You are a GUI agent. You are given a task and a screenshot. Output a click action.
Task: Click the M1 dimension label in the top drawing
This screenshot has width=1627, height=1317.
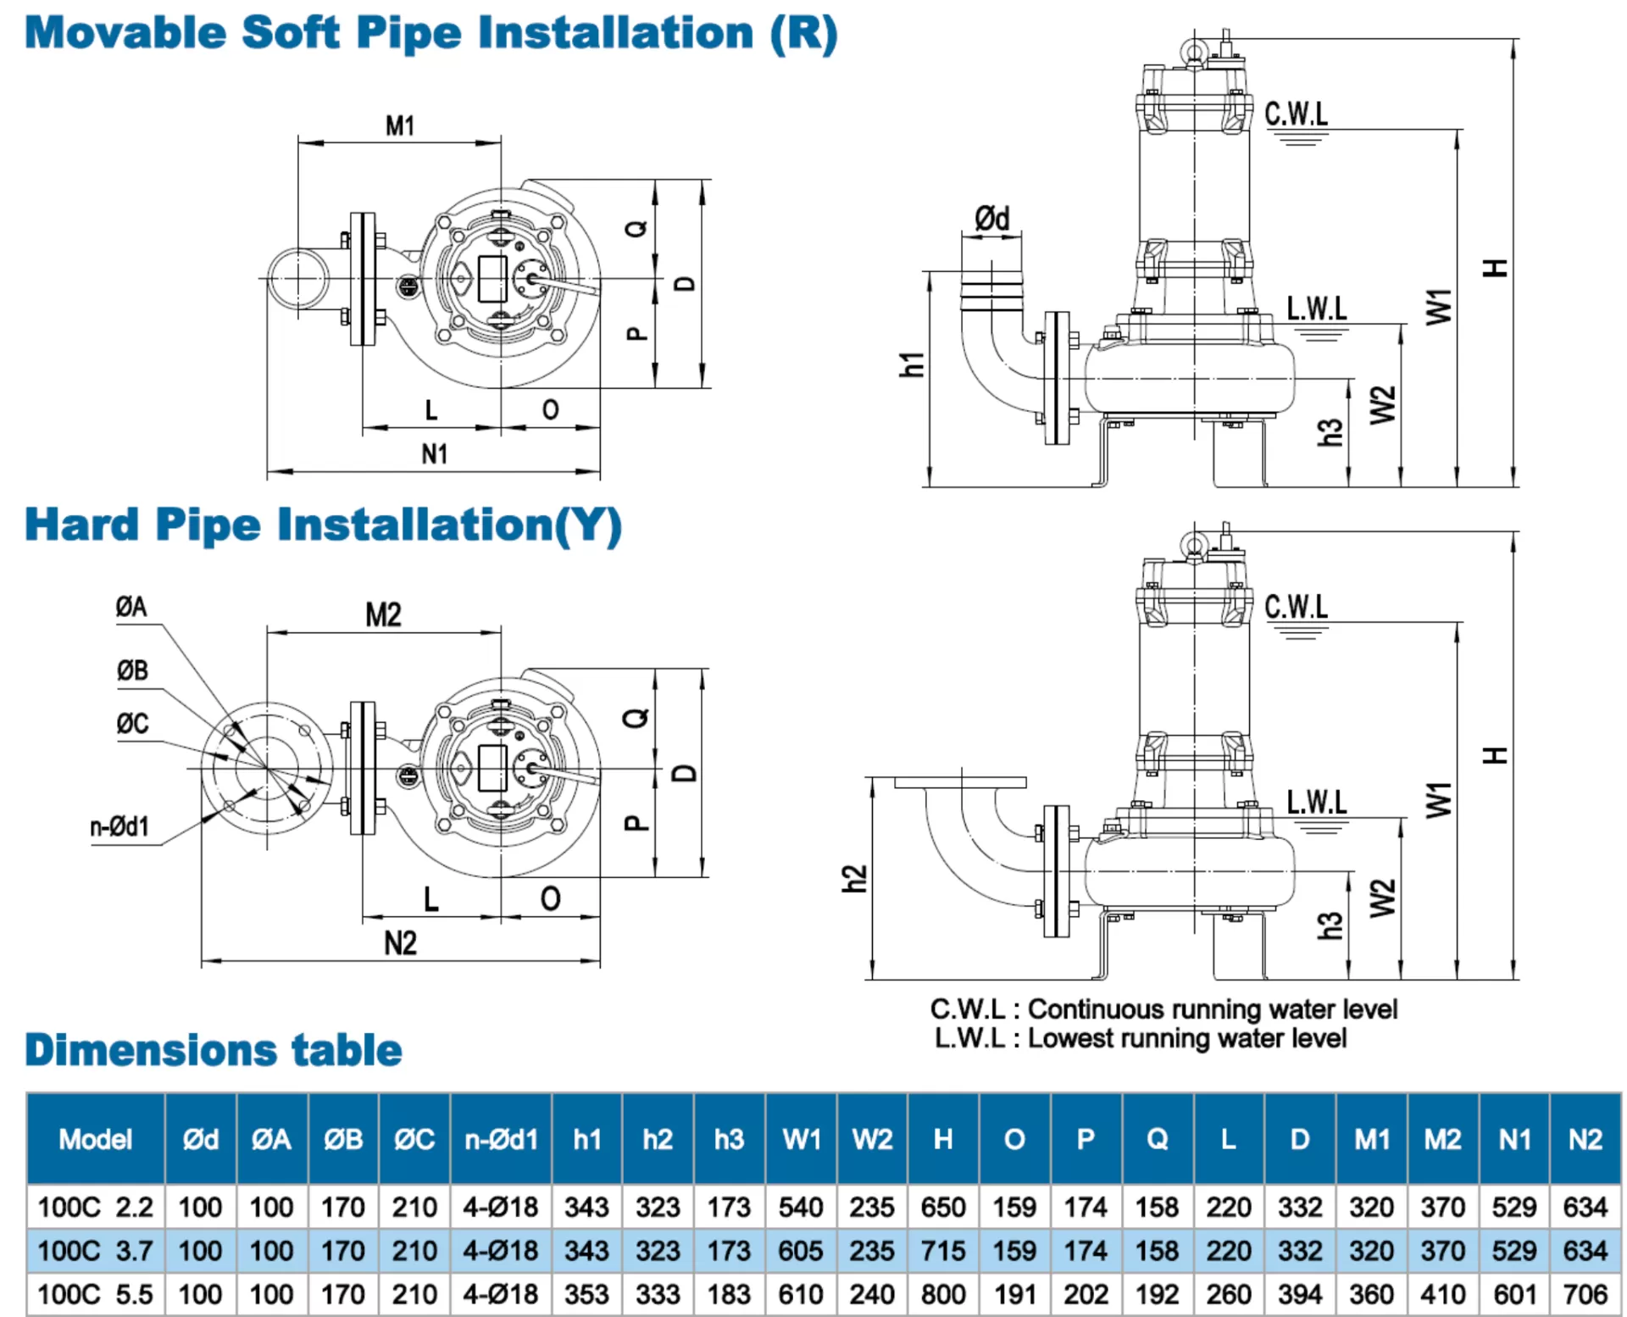(x=399, y=125)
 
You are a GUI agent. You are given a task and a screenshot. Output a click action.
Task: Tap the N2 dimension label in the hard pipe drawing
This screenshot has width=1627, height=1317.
(x=400, y=943)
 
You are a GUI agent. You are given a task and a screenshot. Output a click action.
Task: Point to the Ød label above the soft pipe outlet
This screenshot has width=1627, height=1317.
(x=991, y=219)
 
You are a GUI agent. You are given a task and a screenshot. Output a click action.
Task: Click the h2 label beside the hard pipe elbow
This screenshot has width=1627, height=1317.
(x=854, y=879)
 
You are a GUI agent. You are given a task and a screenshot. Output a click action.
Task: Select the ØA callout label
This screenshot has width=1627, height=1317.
(x=131, y=607)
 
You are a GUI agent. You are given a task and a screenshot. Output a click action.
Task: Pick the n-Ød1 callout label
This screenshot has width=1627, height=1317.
(x=119, y=826)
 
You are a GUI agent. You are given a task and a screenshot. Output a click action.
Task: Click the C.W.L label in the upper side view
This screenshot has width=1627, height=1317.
(x=1296, y=114)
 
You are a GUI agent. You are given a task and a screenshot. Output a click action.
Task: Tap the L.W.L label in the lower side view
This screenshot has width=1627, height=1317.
(x=1316, y=802)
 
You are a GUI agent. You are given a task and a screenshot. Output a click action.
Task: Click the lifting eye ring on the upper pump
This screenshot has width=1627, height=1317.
(x=1193, y=53)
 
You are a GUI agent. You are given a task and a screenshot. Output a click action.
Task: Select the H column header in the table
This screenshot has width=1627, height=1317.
(x=942, y=1139)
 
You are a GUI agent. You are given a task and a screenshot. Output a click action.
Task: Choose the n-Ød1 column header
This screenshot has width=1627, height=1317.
(x=501, y=1139)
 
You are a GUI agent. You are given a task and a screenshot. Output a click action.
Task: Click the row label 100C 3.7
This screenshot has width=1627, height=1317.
(x=95, y=1251)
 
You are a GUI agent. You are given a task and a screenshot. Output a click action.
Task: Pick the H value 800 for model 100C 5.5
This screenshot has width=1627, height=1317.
(x=942, y=1294)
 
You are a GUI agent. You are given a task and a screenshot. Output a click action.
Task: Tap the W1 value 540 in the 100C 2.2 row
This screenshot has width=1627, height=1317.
(x=800, y=1207)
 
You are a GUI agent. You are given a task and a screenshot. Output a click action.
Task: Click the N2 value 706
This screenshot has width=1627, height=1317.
(x=1585, y=1294)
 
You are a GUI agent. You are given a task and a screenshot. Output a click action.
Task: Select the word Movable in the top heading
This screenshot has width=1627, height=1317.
(x=125, y=33)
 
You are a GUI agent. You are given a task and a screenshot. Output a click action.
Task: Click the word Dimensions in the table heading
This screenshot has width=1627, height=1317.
(x=151, y=1050)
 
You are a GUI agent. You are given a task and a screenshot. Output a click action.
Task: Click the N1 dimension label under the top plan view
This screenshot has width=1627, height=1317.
(x=434, y=454)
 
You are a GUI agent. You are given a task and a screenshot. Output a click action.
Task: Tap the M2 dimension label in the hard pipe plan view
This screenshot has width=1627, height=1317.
(x=383, y=614)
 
